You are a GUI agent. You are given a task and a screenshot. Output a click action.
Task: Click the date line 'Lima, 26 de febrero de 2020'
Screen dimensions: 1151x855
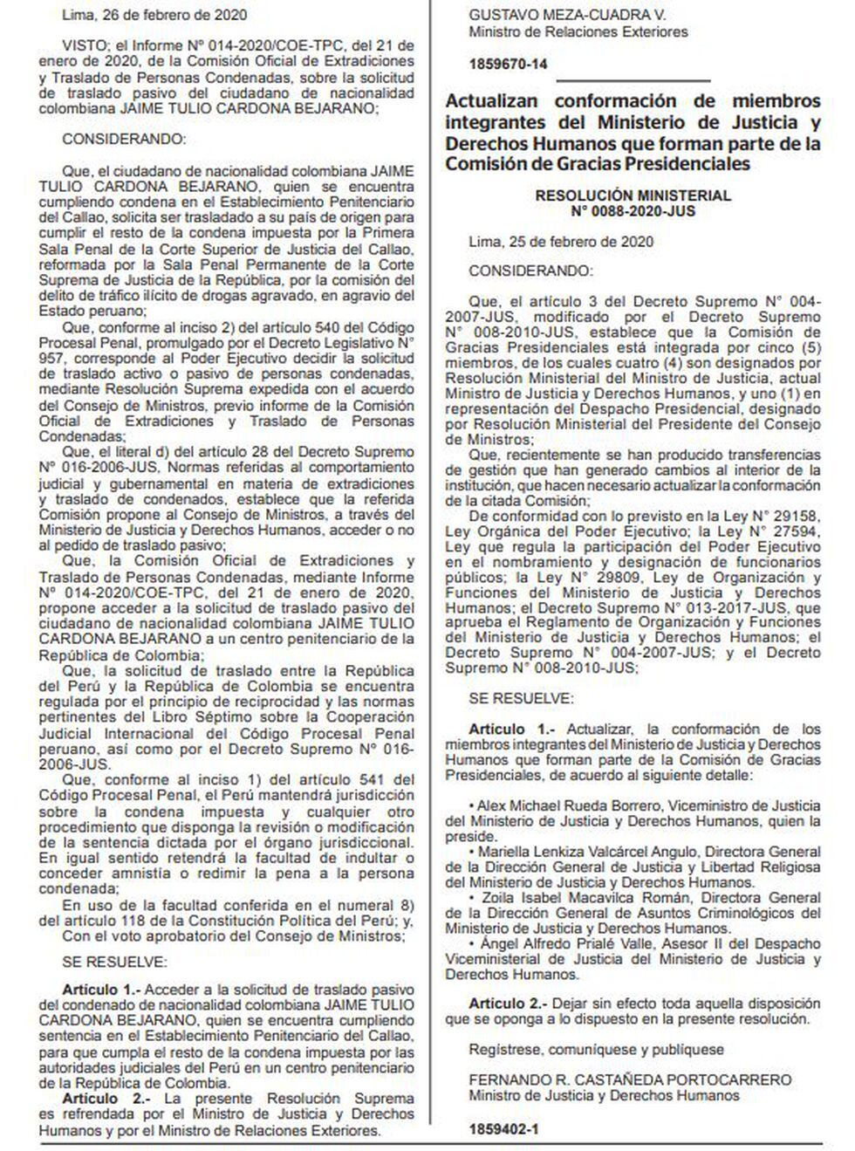154,15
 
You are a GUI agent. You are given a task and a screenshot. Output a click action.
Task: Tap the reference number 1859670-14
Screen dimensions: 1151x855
509,65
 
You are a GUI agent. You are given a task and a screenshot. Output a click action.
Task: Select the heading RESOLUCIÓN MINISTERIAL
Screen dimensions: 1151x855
633,196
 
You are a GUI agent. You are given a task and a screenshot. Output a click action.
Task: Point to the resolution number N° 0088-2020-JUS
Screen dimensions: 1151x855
633,211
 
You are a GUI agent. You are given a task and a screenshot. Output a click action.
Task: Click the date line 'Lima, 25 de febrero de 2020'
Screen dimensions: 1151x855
561,242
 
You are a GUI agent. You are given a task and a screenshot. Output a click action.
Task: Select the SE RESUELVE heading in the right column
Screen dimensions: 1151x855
521,698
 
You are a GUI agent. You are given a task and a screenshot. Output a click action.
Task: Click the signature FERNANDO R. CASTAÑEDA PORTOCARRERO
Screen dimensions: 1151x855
630,1080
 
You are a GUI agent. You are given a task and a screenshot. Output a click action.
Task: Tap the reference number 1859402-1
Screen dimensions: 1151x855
503,1129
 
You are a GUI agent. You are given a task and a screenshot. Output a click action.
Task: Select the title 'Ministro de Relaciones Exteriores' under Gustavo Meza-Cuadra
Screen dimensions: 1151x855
578,31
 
